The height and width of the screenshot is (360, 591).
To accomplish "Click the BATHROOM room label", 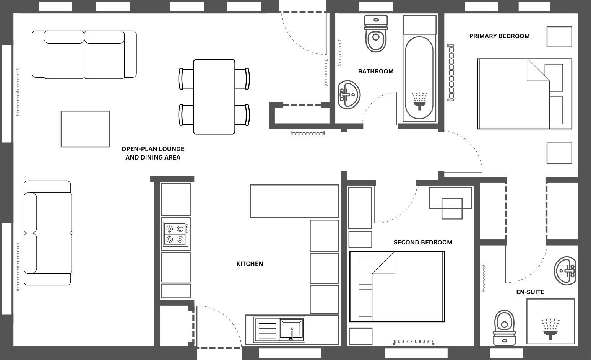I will coord(375,71).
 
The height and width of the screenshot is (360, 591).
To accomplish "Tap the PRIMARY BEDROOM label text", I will coord(499,36).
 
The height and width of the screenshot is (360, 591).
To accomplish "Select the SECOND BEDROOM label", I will coord(423,242).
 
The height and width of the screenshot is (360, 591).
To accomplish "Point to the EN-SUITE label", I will coord(530,292).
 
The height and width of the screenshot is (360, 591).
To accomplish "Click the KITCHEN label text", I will coord(250,264).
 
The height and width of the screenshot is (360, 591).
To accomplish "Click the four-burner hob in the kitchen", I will coord(175,234).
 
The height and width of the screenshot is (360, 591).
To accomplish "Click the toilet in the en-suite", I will coord(504,327).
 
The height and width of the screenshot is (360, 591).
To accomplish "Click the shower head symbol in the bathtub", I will coord(420,100).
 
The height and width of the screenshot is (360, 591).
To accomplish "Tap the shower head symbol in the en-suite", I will coord(550,328).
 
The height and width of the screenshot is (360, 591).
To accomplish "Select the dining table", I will coord(214,96).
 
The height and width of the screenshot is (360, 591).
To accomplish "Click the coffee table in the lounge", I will coord(85,129).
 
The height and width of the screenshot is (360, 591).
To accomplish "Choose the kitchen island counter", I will coord(294,201).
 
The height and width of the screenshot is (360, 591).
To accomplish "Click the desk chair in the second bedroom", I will coord(452,209).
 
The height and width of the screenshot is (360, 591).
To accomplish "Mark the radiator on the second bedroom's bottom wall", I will coord(413,342).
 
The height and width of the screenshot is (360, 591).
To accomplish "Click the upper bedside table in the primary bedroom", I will coord(559,37).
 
